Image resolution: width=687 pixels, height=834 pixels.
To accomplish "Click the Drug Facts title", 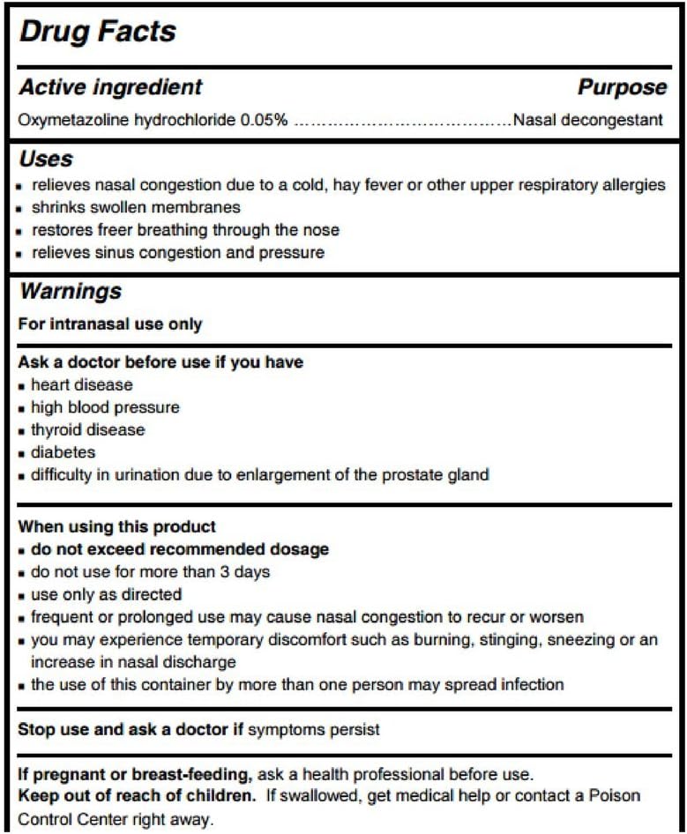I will [x=98, y=33].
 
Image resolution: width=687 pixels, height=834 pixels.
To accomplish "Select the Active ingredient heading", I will [x=110, y=87].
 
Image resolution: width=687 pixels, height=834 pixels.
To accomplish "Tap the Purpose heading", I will [x=622, y=87].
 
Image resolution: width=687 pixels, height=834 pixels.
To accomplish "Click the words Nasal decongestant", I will [x=587, y=119].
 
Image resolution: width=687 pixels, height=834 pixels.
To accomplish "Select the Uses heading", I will [x=46, y=160].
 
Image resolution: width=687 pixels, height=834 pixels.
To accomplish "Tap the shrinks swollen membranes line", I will [x=135, y=208].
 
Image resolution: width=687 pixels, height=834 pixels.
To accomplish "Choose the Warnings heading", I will [x=71, y=290].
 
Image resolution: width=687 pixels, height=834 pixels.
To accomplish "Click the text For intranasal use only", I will [x=110, y=324].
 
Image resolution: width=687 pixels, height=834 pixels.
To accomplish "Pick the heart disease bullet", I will [x=81, y=385].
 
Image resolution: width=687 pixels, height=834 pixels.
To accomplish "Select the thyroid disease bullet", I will [x=87, y=430].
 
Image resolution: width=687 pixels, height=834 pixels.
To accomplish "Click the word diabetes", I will [x=63, y=452].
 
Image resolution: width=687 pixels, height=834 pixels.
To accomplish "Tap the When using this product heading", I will [x=117, y=527].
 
